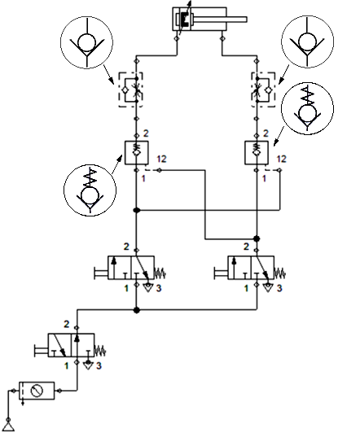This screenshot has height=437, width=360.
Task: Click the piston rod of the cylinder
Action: [x=219, y=20]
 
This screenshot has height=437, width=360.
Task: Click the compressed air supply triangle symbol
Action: [x=8, y=426]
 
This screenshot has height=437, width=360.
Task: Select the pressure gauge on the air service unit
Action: [x=37, y=391]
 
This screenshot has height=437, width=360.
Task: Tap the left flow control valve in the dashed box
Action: [x=131, y=90]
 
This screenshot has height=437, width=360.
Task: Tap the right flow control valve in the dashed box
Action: [x=263, y=90]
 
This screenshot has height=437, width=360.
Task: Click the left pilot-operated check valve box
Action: [x=136, y=153]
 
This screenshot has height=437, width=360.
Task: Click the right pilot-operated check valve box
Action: [x=257, y=153]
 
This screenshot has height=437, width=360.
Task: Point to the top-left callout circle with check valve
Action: [x=86, y=42]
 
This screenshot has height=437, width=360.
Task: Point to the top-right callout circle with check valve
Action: [x=307, y=42]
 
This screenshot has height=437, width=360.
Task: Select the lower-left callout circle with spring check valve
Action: [x=90, y=190]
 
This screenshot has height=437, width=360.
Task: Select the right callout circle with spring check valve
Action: [x=307, y=108]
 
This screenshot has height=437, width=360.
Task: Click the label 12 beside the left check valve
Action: [x=161, y=159]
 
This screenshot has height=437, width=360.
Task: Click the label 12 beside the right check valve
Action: [x=281, y=159]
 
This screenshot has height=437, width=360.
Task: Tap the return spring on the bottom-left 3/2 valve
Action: [x=100, y=351]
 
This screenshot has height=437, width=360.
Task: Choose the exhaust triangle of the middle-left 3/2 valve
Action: [x=147, y=287]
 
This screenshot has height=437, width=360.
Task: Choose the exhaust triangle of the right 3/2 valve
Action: [x=268, y=287]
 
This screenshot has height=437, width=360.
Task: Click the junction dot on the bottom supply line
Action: [x=136, y=309]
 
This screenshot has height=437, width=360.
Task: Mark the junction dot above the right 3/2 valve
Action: [x=257, y=238]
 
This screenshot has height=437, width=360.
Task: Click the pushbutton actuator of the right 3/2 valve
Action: [x=221, y=273]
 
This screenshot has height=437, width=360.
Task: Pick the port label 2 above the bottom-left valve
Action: [x=66, y=324]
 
